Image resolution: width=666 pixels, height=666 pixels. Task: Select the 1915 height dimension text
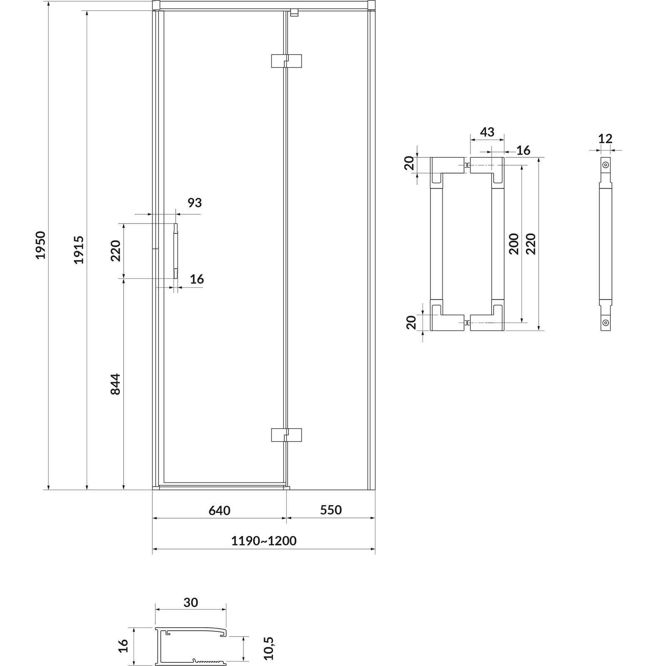79,250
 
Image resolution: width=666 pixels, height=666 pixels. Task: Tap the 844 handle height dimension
115,384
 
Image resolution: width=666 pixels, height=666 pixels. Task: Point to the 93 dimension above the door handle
194,203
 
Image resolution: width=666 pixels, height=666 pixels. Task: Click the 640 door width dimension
219,510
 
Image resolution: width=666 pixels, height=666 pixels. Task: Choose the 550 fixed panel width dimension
331,510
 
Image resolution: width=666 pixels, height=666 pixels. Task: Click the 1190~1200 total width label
264,541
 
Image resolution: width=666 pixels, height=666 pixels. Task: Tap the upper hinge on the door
286,61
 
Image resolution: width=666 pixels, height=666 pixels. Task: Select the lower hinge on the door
286,435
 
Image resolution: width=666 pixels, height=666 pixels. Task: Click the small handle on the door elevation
176,251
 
